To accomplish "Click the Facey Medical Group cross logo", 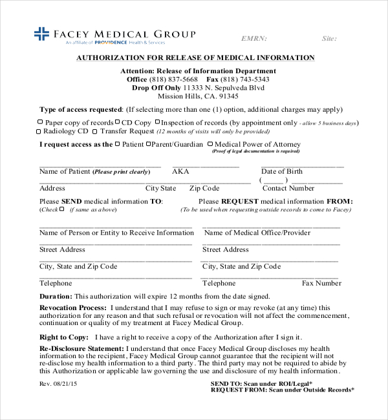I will [x=41, y=34].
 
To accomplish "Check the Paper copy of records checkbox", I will [x=40, y=121].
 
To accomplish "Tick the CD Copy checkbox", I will [x=118, y=121].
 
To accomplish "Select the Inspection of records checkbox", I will [x=157, y=121].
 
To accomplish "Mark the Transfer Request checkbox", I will [x=95, y=131].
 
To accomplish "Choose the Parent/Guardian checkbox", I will [x=149, y=144].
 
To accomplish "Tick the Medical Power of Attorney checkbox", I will [x=210, y=144].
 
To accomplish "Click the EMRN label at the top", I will [x=253, y=39].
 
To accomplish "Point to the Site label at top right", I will [x=329, y=39].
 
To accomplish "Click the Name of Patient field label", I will [x=65, y=172].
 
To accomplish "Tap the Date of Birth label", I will [x=281, y=172].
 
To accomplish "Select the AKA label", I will [x=180, y=172].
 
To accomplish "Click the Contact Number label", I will [x=288, y=189].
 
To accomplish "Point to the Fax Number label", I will [x=321, y=283].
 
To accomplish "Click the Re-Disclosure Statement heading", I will [x=78, y=348].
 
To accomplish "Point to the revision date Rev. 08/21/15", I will [x=58, y=384].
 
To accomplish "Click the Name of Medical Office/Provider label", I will [x=257, y=233].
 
